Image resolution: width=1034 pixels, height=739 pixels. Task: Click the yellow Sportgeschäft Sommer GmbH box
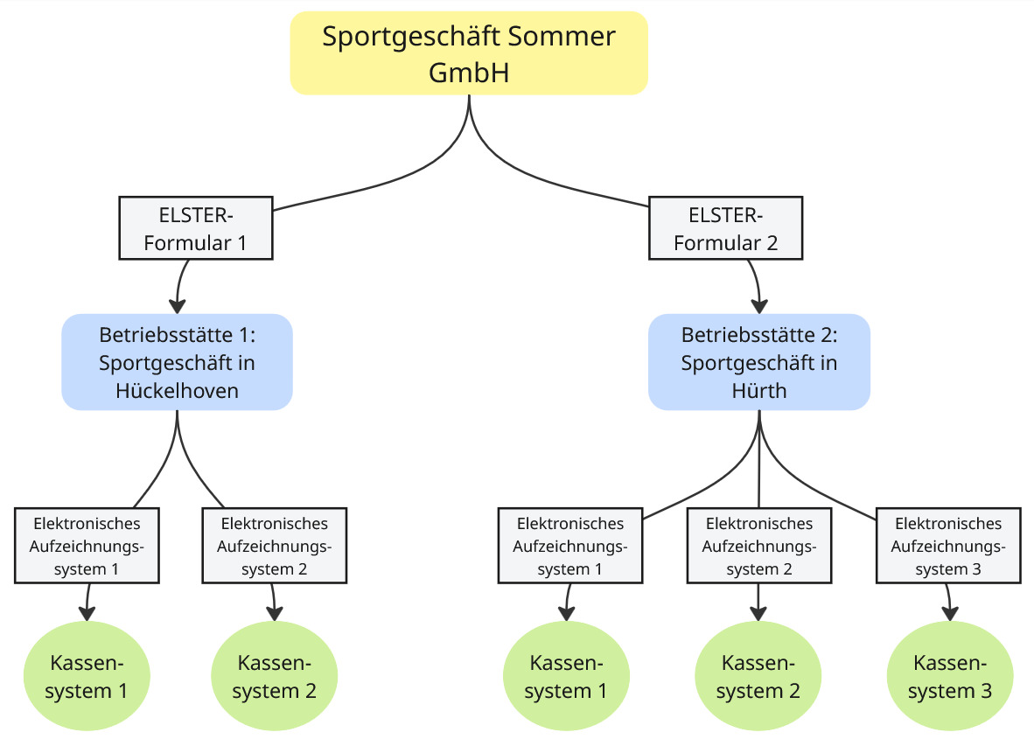469,52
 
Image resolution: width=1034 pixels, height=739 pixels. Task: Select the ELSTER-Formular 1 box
196,229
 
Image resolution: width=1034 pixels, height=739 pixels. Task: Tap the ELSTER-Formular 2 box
726,229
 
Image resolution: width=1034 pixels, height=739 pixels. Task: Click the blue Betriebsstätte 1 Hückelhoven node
177,362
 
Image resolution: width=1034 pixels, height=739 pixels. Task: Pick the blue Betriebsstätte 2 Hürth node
758,362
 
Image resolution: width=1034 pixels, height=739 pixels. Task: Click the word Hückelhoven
177,390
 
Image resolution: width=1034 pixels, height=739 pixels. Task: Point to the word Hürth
758,390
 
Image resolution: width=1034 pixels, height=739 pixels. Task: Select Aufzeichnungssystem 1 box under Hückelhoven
87,546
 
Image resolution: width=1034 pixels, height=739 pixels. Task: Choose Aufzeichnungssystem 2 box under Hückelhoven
275,546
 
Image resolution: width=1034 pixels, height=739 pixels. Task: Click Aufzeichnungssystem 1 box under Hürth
570,546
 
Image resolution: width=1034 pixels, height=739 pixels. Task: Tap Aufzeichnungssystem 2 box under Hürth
758,546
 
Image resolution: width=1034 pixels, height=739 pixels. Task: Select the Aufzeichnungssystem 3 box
948,546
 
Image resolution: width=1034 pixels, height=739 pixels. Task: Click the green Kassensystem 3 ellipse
950,677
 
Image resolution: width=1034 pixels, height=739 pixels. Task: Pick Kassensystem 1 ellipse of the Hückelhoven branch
87,677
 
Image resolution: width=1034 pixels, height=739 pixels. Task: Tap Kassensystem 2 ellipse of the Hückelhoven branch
275,677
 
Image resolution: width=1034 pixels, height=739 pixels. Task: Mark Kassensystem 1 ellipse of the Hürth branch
566,677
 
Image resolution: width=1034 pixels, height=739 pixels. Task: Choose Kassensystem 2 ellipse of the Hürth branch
758,677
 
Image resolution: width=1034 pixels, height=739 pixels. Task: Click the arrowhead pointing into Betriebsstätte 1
178,306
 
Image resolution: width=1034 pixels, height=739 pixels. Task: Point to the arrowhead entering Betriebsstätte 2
759,306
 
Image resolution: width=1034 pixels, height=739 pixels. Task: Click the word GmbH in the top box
469,72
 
